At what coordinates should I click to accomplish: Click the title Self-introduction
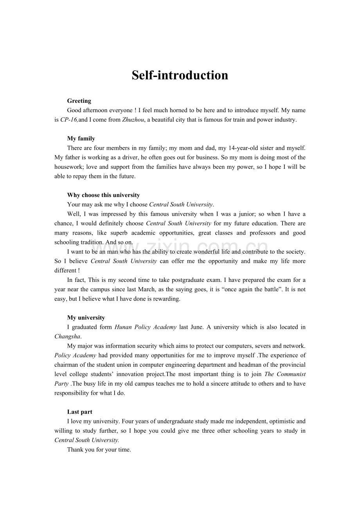pyautogui.click(x=180, y=75)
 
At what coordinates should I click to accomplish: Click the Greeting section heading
pyautogui.click(x=79, y=101)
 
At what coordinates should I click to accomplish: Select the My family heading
pyautogui.click(x=81, y=138)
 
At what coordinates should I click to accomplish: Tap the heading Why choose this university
pyautogui.click(x=103, y=195)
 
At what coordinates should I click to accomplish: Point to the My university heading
pyautogui.click(x=86, y=318)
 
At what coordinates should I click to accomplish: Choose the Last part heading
pyautogui.click(x=80, y=412)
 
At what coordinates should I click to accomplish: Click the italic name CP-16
pyautogui.click(x=69, y=120)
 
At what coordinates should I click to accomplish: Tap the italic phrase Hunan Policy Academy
pyautogui.click(x=145, y=327)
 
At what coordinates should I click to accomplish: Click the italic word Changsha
pyautogui.click(x=67, y=337)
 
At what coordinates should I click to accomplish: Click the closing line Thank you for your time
pyautogui.click(x=99, y=450)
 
